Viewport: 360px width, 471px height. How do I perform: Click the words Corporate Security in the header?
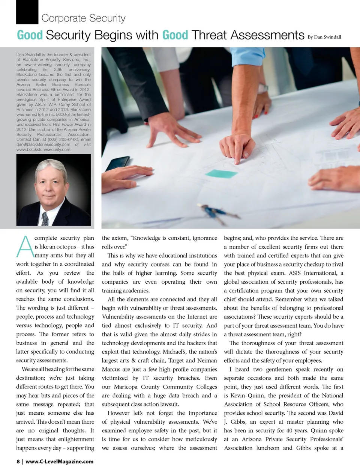83,18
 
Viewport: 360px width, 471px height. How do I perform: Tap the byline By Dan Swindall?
324,37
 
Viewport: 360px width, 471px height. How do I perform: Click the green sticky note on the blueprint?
221,173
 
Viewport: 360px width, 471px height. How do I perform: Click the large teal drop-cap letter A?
25,247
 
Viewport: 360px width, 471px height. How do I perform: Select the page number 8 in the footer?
18,462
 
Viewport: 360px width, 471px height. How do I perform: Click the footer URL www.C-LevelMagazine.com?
59,462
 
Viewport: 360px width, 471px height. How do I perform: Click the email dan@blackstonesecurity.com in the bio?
43,144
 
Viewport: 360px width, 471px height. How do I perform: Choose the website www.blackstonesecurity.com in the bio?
43,149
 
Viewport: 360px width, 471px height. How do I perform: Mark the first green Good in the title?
30,35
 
